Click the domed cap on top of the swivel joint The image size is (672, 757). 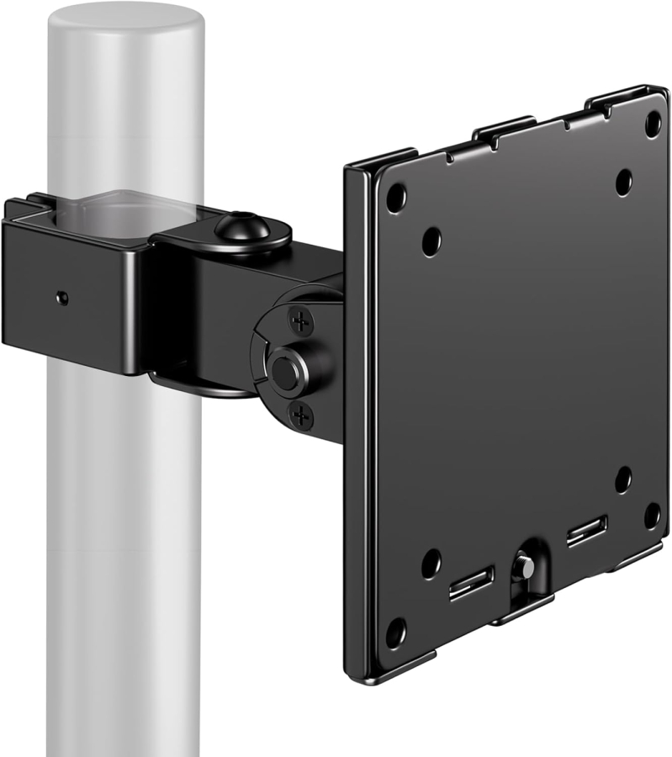(x=242, y=227)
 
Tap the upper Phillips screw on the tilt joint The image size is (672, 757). (x=300, y=320)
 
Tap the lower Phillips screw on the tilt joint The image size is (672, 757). (x=300, y=414)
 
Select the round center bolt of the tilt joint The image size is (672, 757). (x=283, y=370)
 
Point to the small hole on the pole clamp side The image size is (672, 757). (x=61, y=298)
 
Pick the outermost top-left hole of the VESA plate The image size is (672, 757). (x=396, y=197)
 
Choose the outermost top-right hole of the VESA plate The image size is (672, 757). (x=653, y=123)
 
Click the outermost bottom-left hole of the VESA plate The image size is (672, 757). (x=396, y=632)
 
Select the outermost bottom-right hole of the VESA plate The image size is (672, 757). (x=652, y=515)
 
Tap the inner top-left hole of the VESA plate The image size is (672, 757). (x=431, y=241)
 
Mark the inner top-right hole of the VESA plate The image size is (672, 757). (x=623, y=182)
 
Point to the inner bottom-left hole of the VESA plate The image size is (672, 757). (x=431, y=563)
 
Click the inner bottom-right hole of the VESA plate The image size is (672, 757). (x=623, y=479)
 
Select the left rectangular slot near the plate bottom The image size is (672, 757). (x=472, y=583)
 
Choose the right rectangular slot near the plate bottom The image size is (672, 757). (x=586, y=531)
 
